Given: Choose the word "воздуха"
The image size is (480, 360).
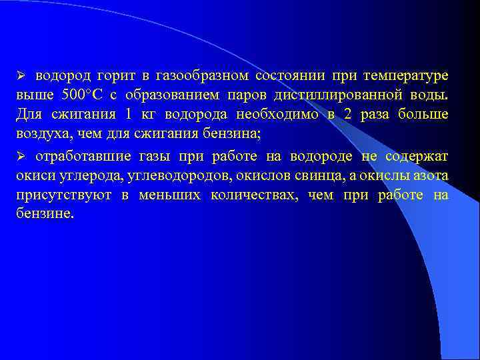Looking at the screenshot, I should [37, 134].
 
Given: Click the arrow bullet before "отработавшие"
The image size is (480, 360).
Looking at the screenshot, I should [21, 157].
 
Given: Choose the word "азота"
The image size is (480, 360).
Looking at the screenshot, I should [431, 177].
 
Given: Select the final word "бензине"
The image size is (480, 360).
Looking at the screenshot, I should [43, 217].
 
